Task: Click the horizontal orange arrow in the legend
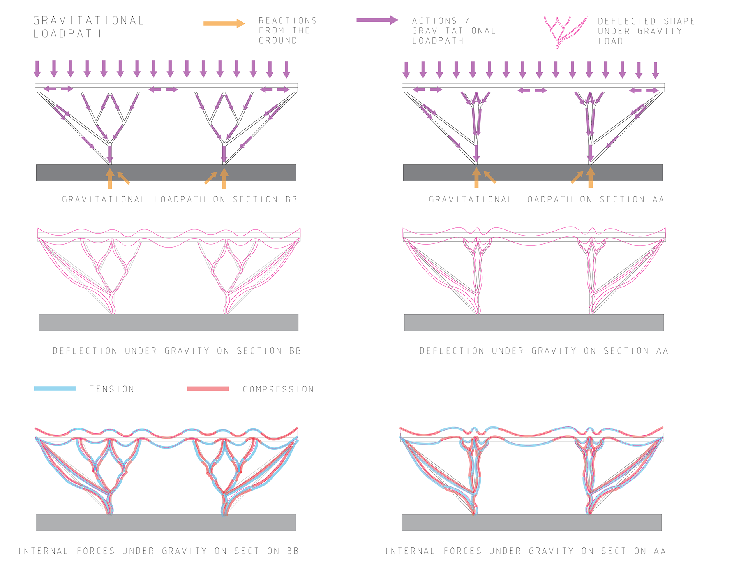coord(224,24)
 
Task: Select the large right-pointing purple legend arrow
coord(377,20)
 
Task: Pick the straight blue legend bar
coord(55,388)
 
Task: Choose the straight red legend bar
coord(208,388)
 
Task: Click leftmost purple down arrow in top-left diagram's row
coord(37,69)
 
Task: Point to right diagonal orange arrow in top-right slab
coord(577,177)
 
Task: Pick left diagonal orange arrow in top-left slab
coord(123,178)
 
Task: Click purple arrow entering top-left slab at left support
coord(110,154)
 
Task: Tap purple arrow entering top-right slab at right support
coord(590,153)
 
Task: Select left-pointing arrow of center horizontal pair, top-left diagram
coord(155,90)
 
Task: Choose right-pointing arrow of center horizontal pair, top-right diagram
coord(540,90)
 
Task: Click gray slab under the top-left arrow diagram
coord(166,172)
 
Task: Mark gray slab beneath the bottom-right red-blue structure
coord(531,522)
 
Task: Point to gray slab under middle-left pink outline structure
coord(168,322)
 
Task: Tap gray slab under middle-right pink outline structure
coord(534,322)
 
